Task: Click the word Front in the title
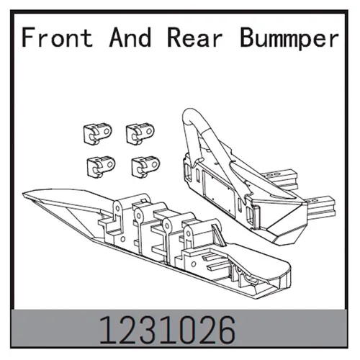[x=57, y=37]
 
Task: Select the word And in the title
[x=130, y=37]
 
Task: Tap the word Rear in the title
[x=194, y=37]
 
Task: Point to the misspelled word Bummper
[x=289, y=39]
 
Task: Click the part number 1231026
[x=167, y=330]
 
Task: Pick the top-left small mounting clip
[x=97, y=134]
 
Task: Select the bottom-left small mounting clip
[x=101, y=167]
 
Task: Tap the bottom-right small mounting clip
[x=145, y=167]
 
